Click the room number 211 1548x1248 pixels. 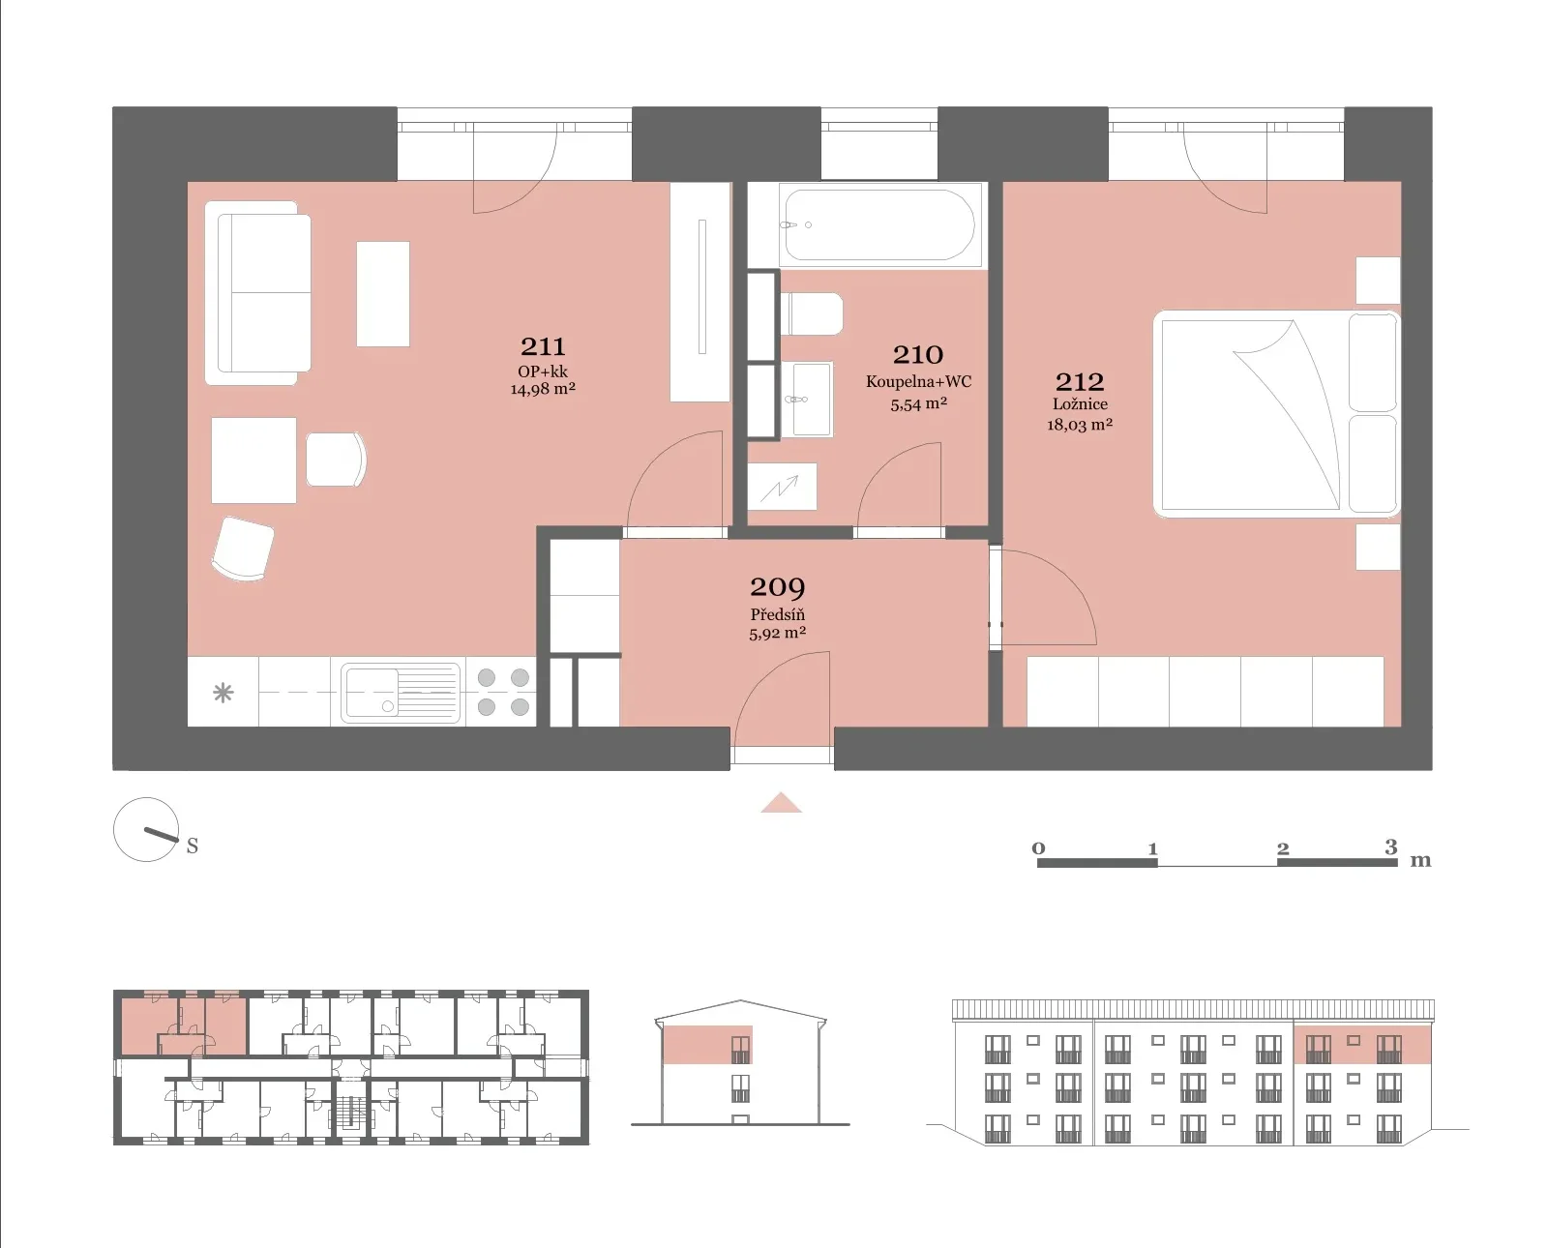pos(543,347)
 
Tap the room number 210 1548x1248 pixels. pos(918,355)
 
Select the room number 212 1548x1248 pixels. pos(1080,382)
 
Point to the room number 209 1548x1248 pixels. pos(778,587)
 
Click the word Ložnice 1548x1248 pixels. pos(1080,404)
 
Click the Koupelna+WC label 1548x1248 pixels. pos(918,382)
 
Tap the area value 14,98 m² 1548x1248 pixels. pos(543,389)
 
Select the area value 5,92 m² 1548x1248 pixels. pos(778,634)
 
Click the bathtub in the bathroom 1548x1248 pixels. pos(879,224)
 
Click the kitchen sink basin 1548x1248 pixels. pos(401,692)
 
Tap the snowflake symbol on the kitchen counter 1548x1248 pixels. pos(223,693)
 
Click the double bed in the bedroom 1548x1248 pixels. pos(1276,414)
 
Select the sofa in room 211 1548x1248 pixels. pos(258,293)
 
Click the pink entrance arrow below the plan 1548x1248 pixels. pos(781,803)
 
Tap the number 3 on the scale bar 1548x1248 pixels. pos(1391,847)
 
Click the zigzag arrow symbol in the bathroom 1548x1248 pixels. pos(781,488)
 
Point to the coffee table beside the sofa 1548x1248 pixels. pos(383,293)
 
